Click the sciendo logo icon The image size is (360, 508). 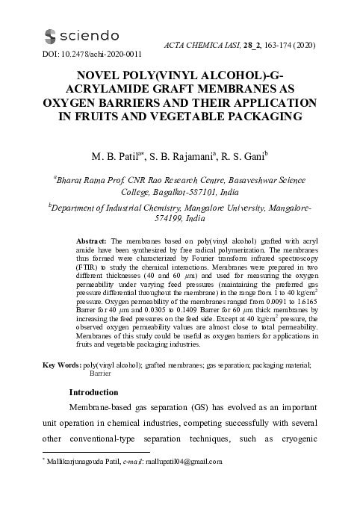click(50, 36)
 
